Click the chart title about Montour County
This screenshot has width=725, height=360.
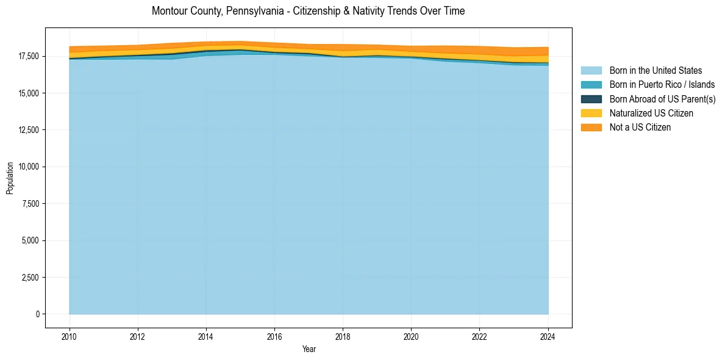(308, 11)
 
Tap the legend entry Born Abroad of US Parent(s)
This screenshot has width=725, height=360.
(662, 99)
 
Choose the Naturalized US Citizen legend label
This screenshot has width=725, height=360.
(651, 113)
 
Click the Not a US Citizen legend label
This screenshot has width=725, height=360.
(640, 128)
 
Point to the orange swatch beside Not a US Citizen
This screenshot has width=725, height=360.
(591, 128)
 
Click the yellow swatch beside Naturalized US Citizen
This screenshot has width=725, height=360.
(591, 113)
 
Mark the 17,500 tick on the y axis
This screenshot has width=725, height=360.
(29, 56)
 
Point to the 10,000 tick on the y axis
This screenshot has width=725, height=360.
(29, 167)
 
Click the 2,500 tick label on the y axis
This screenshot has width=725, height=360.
(30, 278)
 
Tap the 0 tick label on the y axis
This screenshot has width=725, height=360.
(37, 314)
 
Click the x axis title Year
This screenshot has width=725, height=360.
(309, 349)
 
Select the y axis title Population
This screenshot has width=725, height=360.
(10, 178)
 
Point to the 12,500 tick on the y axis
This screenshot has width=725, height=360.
(29, 130)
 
